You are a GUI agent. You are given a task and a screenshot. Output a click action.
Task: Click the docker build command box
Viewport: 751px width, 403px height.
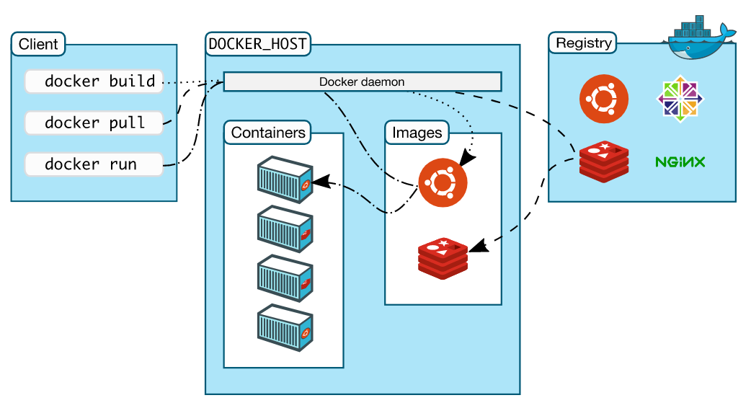click(x=94, y=81)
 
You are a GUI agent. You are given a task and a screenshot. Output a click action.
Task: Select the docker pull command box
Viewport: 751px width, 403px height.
click(x=94, y=123)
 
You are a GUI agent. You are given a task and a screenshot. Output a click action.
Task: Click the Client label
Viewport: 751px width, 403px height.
click(x=38, y=44)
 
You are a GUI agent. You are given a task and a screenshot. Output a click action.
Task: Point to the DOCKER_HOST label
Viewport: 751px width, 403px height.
click(x=258, y=44)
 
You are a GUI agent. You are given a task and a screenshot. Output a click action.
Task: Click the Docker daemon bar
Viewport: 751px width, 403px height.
click(x=362, y=81)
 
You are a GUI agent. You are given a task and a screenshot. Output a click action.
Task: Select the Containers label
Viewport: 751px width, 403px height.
click(x=268, y=133)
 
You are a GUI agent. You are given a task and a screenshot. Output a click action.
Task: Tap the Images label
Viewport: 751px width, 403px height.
click(x=417, y=133)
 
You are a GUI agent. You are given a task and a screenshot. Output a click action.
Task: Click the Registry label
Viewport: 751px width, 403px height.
click(x=584, y=43)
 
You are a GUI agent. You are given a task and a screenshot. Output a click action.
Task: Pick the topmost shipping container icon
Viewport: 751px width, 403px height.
click(x=285, y=178)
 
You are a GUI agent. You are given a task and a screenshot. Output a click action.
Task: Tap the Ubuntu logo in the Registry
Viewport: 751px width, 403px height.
click(x=604, y=99)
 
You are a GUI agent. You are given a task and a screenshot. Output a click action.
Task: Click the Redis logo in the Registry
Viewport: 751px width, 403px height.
click(x=604, y=161)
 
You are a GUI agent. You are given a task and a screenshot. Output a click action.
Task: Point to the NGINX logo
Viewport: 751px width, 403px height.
click(x=680, y=161)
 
